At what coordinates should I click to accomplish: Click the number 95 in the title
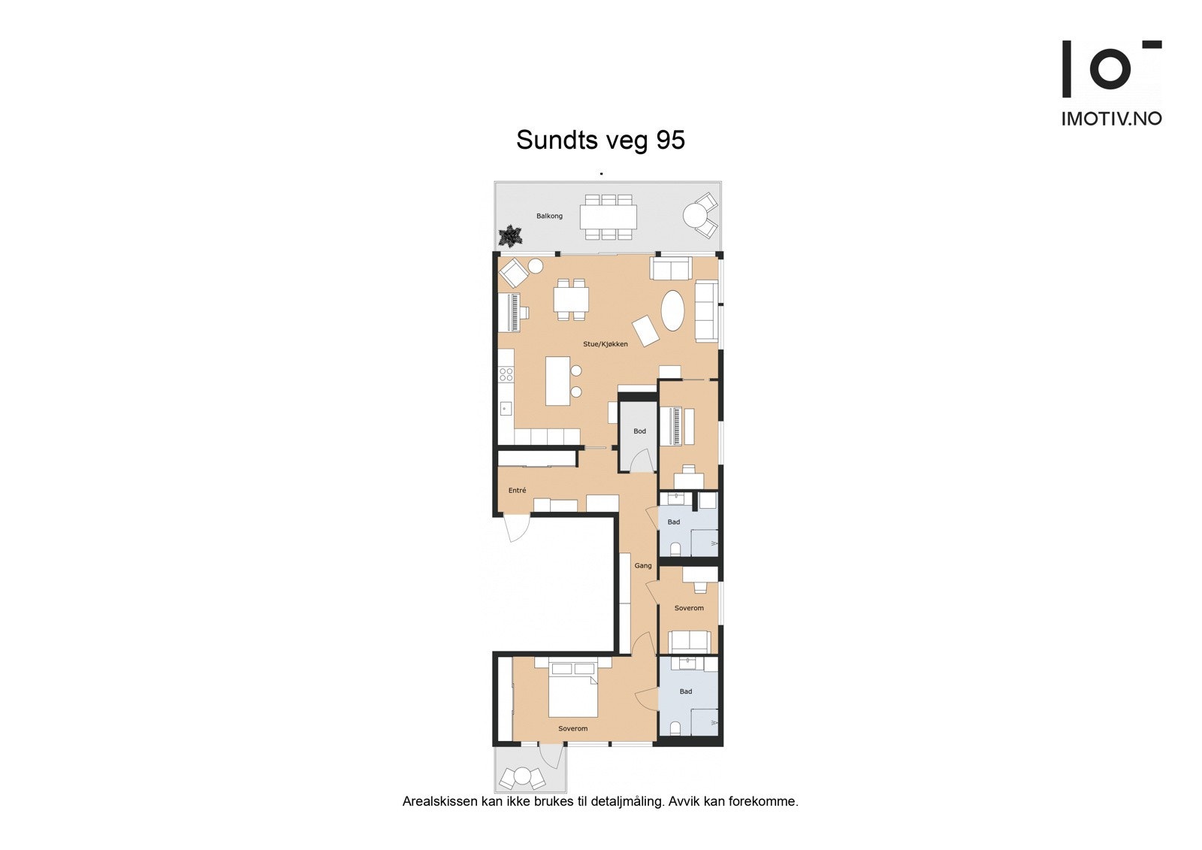[x=670, y=141]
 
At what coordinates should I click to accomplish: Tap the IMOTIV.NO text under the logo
[x=1111, y=119]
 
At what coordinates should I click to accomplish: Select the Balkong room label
[x=549, y=216]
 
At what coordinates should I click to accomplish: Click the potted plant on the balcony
[x=512, y=235]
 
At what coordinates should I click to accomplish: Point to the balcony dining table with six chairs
[x=609, y=217]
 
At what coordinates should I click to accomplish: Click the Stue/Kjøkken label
[x=606, y=344]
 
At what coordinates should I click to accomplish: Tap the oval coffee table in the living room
[x=672, y=310]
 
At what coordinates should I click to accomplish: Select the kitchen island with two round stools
[x=557, y=380]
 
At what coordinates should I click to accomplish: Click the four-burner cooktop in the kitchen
[x=506, y=374]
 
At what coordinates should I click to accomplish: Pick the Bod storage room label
[x=639, y=431]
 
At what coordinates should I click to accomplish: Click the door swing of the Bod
[x=641, y=461]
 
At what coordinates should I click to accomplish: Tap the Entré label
[x=517, y=491]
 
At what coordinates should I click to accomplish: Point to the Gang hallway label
[x=643, y=566]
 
